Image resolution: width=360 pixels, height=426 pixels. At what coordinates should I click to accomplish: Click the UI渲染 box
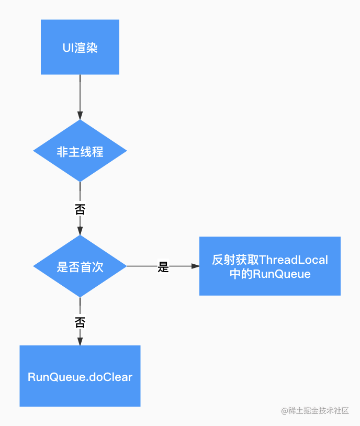tap(80, 47)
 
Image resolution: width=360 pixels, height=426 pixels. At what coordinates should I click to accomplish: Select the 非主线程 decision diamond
tap(80, 151)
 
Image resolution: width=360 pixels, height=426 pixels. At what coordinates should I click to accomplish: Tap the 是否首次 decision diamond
tap(80, 266)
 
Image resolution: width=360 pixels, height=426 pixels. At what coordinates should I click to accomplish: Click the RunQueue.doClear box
tap(80, 376)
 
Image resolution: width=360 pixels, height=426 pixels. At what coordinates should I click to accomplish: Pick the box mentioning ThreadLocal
tap(270, 266)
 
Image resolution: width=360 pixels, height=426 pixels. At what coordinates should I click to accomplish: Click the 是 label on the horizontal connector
tap(163, 266)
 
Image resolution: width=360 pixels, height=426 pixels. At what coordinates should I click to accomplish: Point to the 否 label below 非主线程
tap(80, 209)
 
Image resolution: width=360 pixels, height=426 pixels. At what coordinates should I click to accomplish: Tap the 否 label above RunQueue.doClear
tap(80, 322)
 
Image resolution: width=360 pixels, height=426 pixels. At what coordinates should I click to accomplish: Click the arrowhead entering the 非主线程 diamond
tap(80, 116)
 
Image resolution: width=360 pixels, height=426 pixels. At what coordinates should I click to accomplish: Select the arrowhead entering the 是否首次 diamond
tap(80, 231)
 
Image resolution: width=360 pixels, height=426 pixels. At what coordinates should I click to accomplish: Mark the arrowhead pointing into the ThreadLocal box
tap(195, 266)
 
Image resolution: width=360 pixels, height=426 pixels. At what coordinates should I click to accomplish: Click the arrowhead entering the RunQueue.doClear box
tap(80, 342)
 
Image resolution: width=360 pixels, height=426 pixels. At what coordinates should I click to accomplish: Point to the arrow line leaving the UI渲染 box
tap(80, 97)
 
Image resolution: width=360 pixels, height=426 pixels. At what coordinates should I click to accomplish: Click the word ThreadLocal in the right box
tap(294, 260)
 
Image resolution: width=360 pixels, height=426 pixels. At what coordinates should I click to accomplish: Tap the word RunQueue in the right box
tap(282, 274)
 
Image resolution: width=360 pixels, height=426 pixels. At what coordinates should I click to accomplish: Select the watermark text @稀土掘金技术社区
tap(315, 410)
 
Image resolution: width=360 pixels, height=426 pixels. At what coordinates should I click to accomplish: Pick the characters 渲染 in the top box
tap(86, 48)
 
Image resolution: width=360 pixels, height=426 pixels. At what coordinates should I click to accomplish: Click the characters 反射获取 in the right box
tap(235, 260)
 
